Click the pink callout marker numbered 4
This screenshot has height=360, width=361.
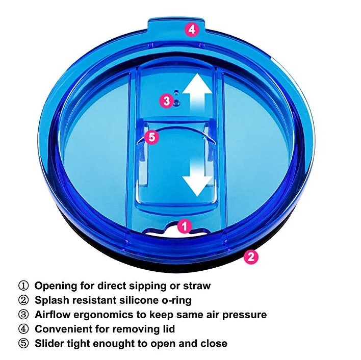pyautogui.click(x=191, y=30)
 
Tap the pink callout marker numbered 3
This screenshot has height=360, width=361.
pyautogui.click(x=167, y=101)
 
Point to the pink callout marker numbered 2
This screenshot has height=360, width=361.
pyautogui.click(x=250, y=256)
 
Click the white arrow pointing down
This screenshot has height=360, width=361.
pyautogui.click(x=197, y=177)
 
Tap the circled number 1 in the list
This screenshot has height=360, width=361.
pyautogui.click(x=23, y=286)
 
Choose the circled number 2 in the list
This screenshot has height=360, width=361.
pyautogui.click(x=23, y=300)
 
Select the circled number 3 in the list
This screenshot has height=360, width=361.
pyautogui.click(x=23, y=315)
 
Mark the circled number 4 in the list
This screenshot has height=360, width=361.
pyautogui.click(x=23, y=329)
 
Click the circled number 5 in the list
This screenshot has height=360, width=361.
pyautogui.click(x=23, y=344)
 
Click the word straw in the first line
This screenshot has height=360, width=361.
pyautogui.click(x=196, y=286)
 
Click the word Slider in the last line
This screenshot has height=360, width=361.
pyautogui.click(x=49, y=344)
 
